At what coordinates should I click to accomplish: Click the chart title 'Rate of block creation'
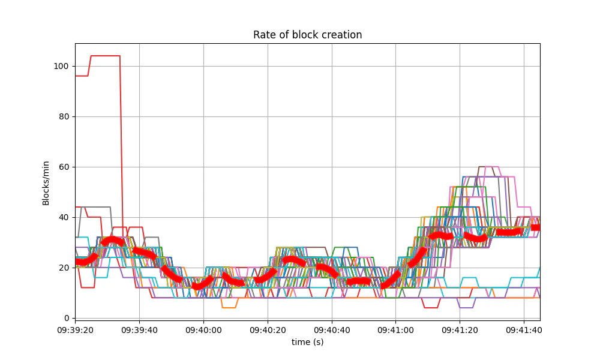pyautogui.click(x=307, y=35)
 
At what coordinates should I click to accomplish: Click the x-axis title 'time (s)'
pyautogui.click(x=307, y=342)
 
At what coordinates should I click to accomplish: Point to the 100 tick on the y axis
pyautogui.click(x=61, y=66)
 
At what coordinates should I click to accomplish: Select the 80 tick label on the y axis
pyautogui.click(x=63, y=116)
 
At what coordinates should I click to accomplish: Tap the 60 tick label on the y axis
pyautogui.click(x=63, y=167)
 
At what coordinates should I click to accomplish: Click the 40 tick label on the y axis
pyautogui.click(x=63, y=217)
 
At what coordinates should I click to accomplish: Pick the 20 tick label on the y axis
pyautogui.click(x=63, y=268)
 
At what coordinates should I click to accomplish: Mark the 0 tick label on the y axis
pyautogui.click(x=65, y=318)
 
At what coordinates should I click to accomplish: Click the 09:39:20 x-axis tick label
pyautogui.click(x=75, y=329)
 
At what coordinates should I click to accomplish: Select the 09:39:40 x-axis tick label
pyautogui.click(x=139, y=329)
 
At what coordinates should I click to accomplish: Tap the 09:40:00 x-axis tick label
pyautogui.click(x=203, y=329)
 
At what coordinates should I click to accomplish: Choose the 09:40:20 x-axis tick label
pyautogui.click(x=268, y=329)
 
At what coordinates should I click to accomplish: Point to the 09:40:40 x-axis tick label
pyautogui.click(x=332, y=329)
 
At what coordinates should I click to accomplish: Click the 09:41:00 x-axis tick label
pyautogui.click(x=396, y=329)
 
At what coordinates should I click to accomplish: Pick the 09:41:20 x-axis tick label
pyautogui.click(x=460, y=329)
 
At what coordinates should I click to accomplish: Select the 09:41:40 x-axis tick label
pyautogui.click(x=524, y=329)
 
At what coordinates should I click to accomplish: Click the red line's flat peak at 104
pyautogui.click(x=105, y=56)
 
